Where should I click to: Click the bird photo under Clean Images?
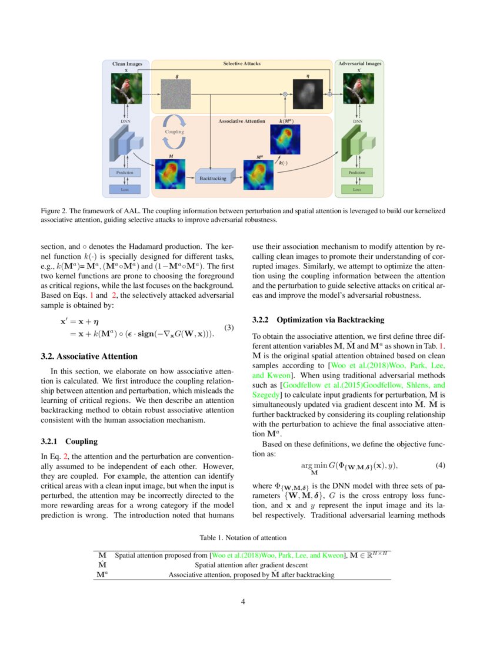[126, 88]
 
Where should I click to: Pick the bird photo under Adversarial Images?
[359, 88]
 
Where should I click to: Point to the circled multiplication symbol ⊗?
[285, 94]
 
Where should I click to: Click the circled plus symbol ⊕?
[330, 94]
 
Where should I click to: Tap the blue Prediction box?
[125, 173]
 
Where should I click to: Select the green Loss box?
[357, 189]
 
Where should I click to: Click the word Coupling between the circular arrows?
[175, 132]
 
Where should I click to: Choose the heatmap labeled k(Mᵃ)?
[285, 139]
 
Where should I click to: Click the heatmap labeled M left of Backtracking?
[170, 174]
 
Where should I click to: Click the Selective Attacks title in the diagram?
[241, 63]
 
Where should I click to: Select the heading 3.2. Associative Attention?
[89, 356]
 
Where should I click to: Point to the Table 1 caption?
[243, 537]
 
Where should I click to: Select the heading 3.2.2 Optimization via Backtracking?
[318, 320]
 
